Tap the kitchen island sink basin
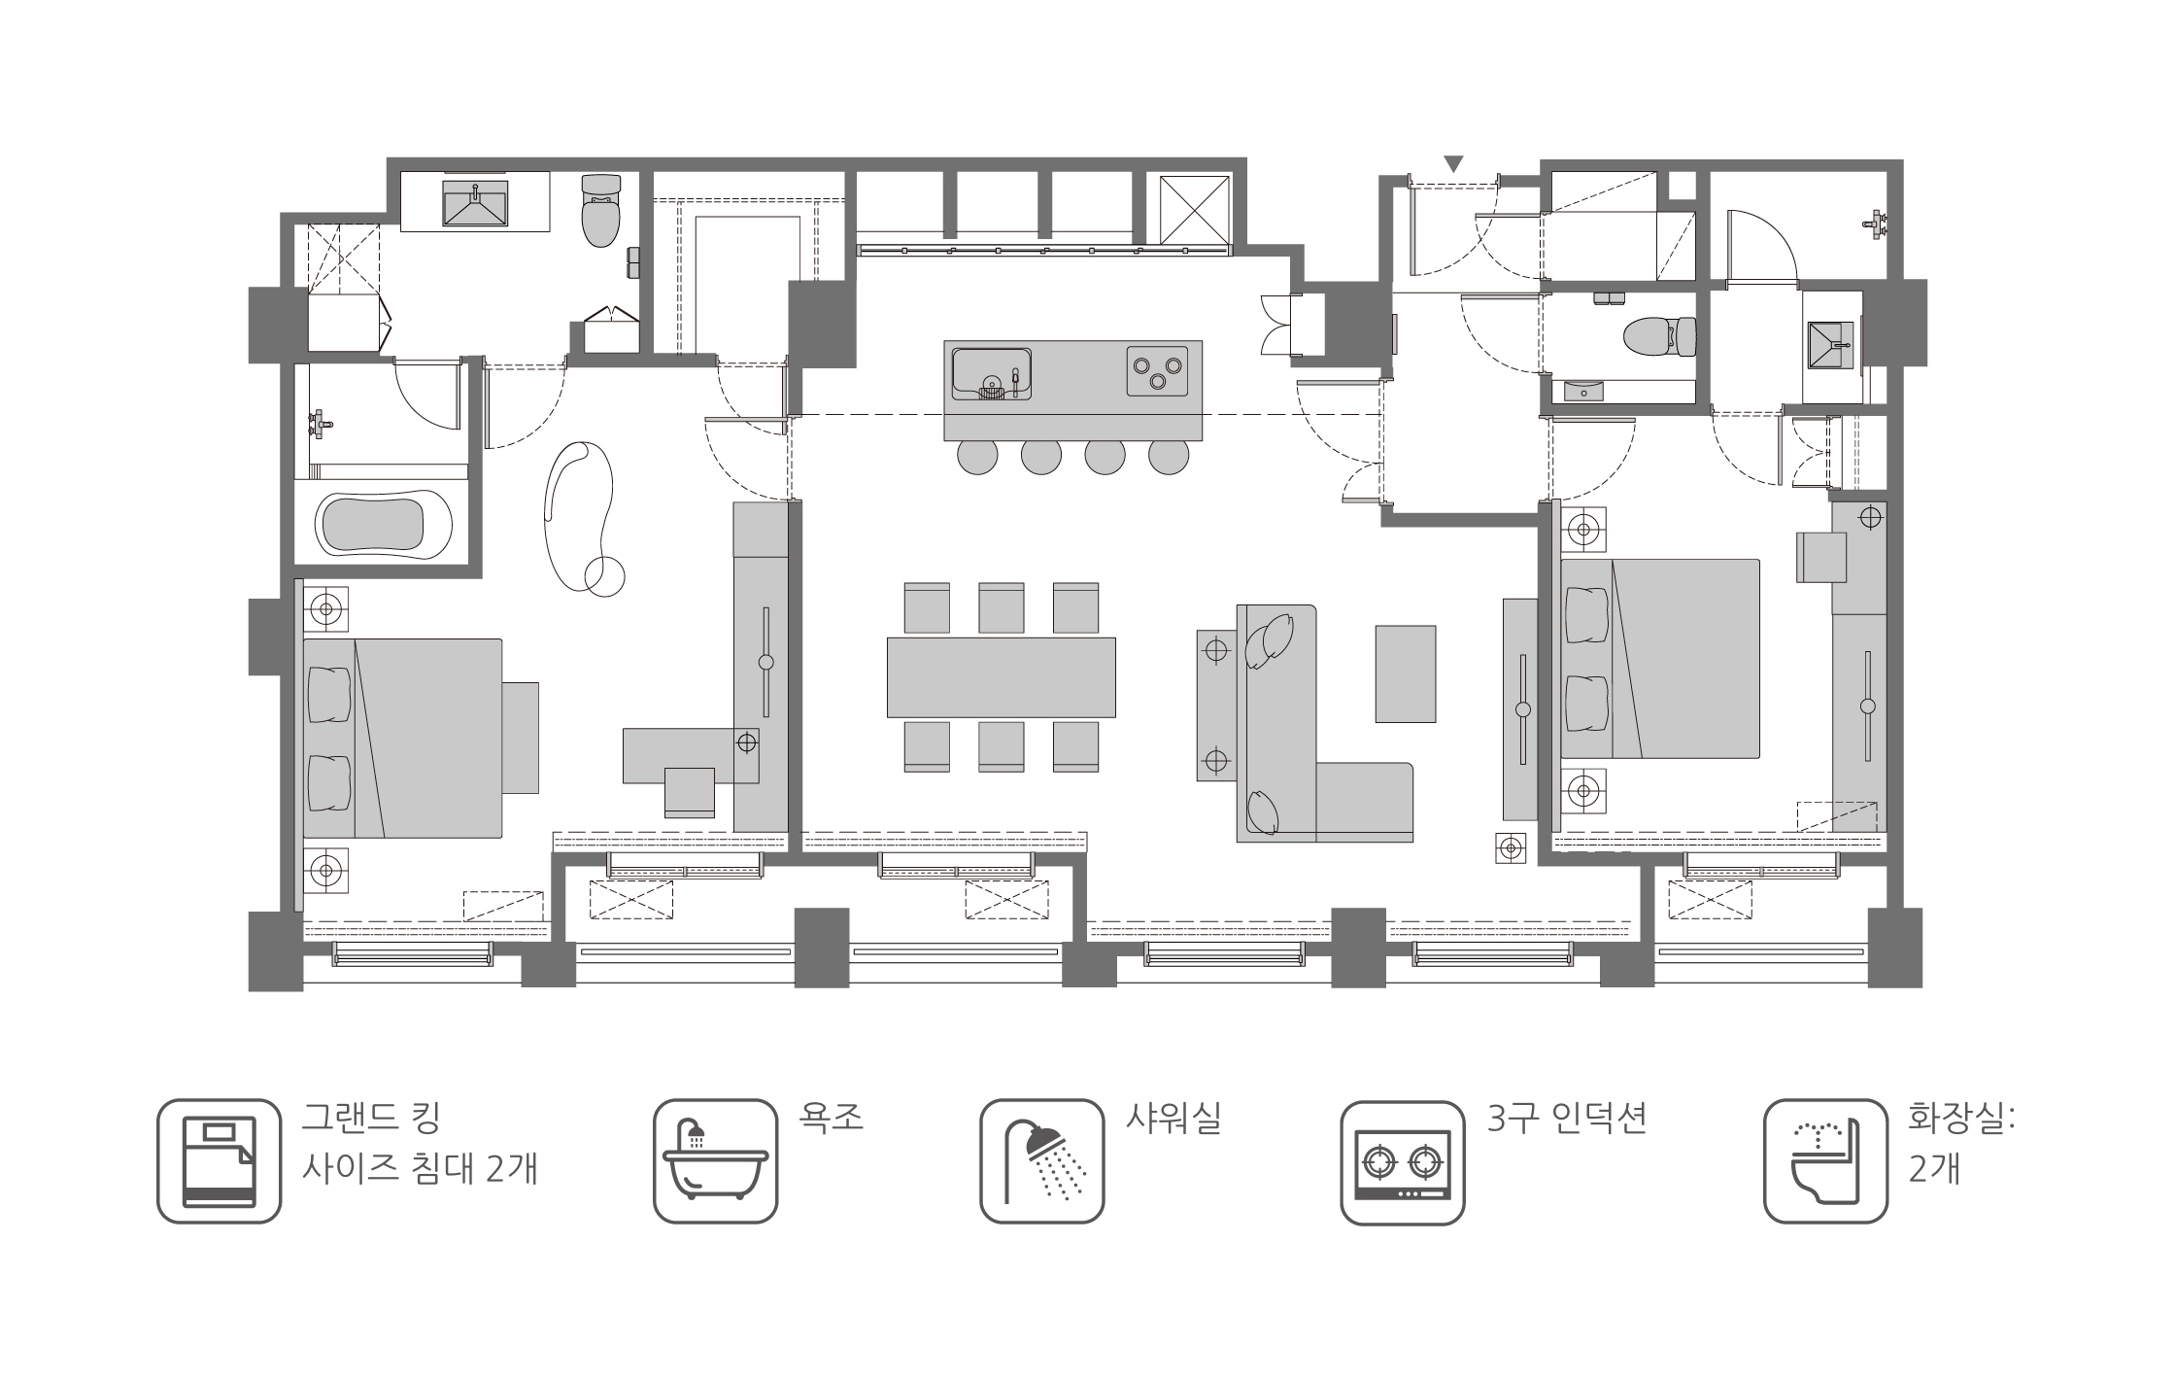[991, 373]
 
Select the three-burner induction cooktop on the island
[1158, 371]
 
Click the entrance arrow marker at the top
[1453, 165]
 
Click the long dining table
[1001, 677]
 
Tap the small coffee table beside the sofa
[1405, 673]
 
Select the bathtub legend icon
[715, 1161]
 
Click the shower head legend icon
[1041, 1161]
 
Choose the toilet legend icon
[1824, 1161]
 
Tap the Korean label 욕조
[831, 1118]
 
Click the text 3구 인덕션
[1566, 1118]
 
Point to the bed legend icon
[219, 1161]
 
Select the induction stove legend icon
[1402, 1161]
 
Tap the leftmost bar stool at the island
[976, 456]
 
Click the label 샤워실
[1172, 1118]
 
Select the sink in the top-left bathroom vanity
[475, 203]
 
